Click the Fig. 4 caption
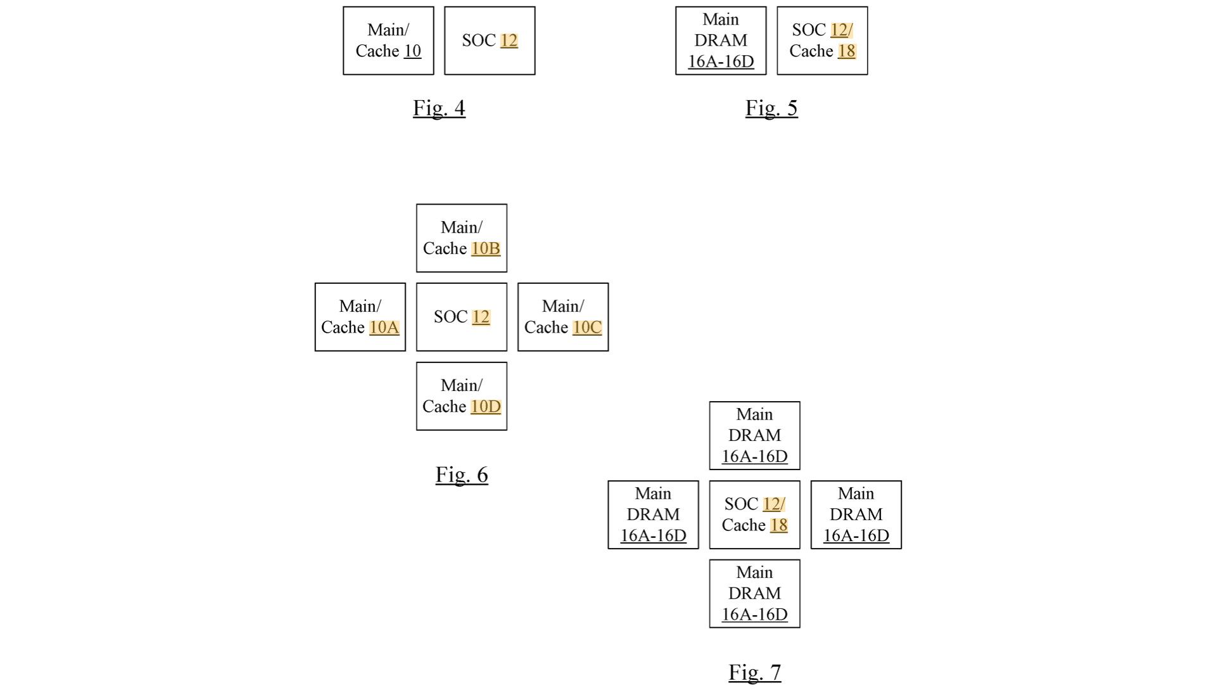point(439,108)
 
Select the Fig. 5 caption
point(771,108)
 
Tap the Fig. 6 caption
point(461,475)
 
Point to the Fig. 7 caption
point(754,672)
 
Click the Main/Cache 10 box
point(388,41)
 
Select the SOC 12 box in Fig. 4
point(490,41)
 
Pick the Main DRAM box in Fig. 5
point(721,41)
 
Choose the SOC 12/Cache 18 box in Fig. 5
point(822,41)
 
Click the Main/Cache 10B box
point(461,238)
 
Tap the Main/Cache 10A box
point(360,317)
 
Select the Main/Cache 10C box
point(563,317)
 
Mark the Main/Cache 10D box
point(461,396)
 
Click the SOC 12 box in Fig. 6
point(461,317)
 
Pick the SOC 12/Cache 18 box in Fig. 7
point(754,514)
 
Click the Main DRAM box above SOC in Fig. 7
point(754,435)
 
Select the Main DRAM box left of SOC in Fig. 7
point(653,514)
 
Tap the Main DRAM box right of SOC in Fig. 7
point(856,514)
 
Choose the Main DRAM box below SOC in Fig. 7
point(754,594)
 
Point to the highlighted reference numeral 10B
point(486,248)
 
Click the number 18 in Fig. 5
point(847,51)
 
